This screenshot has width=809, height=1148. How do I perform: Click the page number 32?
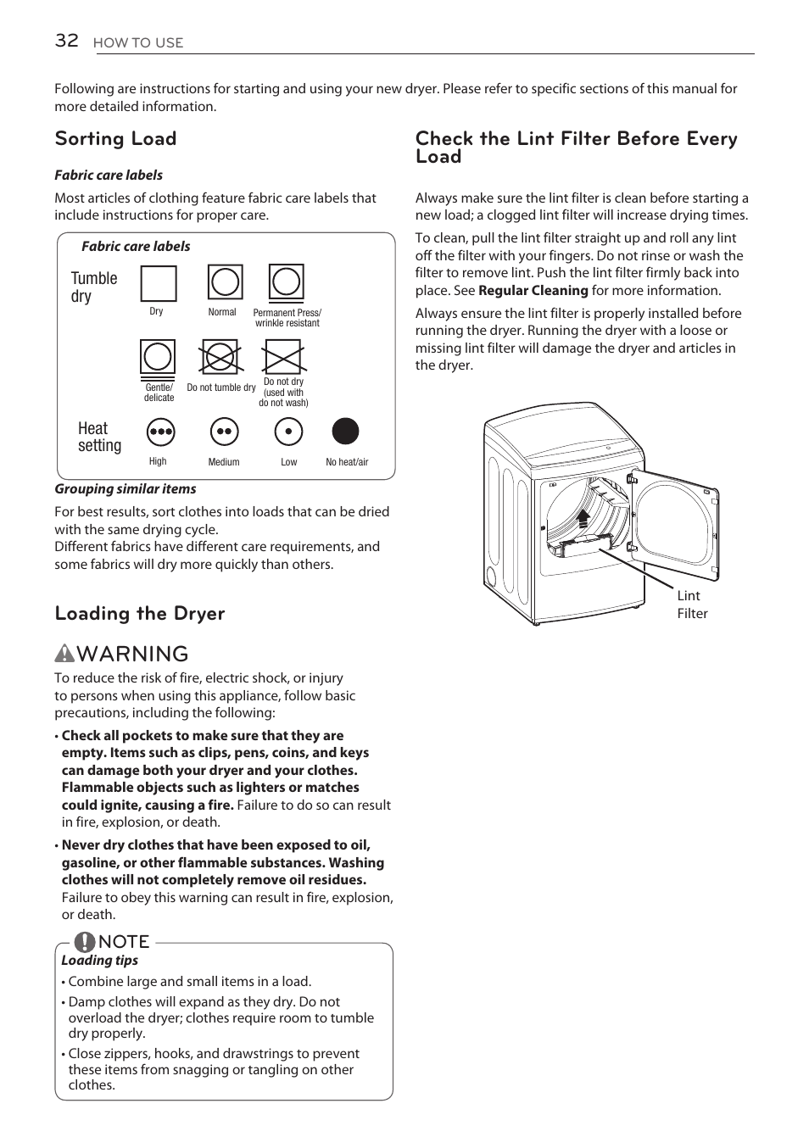(x=66, y=40)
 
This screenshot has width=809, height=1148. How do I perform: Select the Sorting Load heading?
(x=115, y=138)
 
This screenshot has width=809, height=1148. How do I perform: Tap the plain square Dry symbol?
(x=158, y=283)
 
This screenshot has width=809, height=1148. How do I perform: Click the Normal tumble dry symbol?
(x=225, y=282)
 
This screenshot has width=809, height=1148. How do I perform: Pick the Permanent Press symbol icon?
(x=287, y=282)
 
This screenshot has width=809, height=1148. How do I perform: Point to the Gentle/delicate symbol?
(x=158, y=358)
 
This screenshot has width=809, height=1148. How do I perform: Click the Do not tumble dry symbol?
(x=220, y=357)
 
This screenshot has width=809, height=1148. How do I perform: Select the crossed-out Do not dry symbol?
(x=282, y=357)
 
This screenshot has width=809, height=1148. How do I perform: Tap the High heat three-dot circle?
(x=160, y=432)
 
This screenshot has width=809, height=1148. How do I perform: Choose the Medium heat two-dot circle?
(x=224, y=432)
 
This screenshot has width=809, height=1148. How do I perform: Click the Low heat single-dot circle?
(x=288, y=432)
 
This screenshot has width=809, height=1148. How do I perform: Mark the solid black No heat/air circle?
(x=345, y=432)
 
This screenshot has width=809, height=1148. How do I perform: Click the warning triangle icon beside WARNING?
(x=65, y=654)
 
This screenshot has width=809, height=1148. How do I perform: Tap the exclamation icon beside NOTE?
(x=84, y=941)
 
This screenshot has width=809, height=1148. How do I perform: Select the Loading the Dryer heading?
(x=140, y=613)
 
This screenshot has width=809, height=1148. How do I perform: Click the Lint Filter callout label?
(x=691, y=605)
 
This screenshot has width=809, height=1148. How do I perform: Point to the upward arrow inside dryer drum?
(x=583, y=518)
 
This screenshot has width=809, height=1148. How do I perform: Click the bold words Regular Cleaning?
(x=533, y=290)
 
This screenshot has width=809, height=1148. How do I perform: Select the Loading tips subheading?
(x=99, y=960)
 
